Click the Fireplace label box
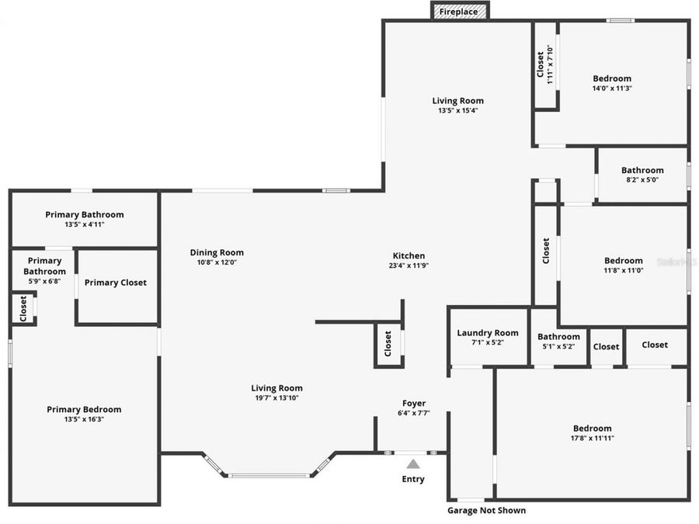tap(459, 12)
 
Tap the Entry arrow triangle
tap(413, 463)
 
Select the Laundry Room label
tap(487, 333)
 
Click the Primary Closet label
tap(115, 283)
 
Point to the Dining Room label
tap(217, 252)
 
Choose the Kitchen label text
tap(409, 255)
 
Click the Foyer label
tap(413, 403)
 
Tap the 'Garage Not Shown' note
tap(486, 510)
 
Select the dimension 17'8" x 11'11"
tap(592, 438)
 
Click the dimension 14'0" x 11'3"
tap(612, 88)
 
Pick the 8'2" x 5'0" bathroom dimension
tap(642, 180)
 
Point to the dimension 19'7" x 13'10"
tap(276, 397)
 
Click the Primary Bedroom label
tap(84, 409)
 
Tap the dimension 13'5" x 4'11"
tap(84, 224)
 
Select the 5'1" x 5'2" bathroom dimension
tap(558, 346)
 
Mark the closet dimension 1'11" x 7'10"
tap(550, 64)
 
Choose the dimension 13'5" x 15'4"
tap(457, 110)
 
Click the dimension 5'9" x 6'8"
tap(44, 281)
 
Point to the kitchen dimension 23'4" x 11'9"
tap(409, 265)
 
